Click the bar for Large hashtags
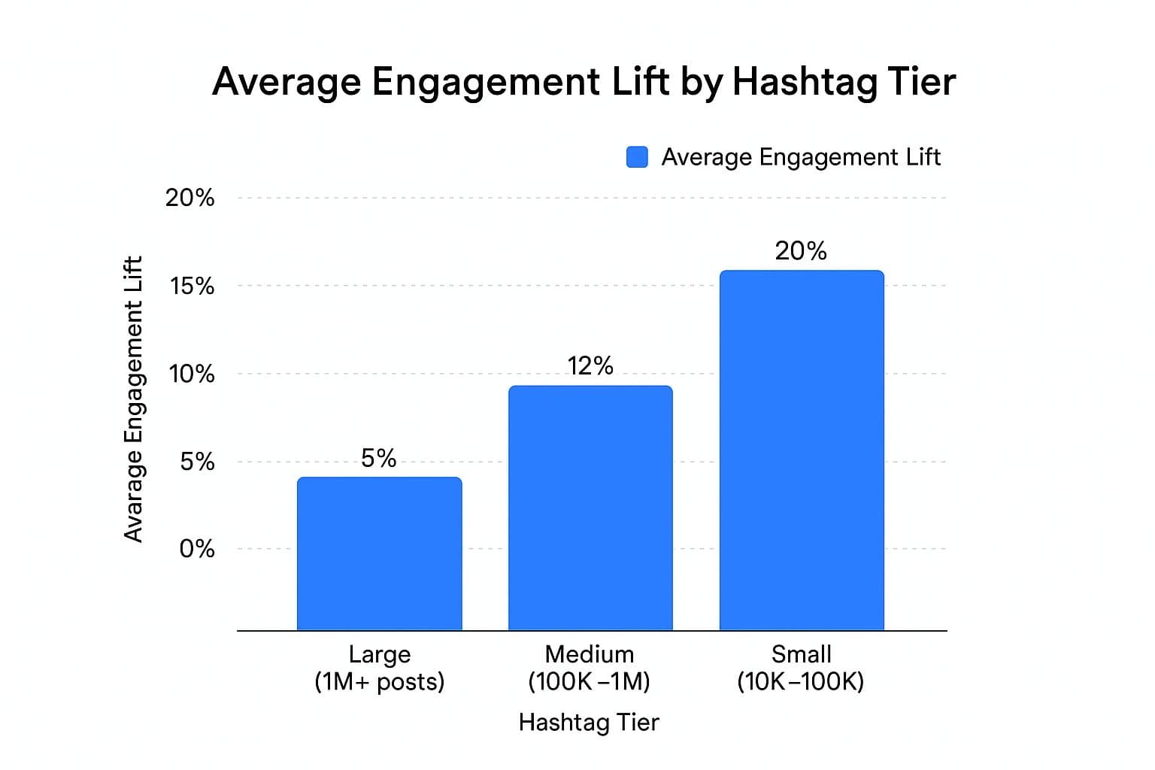(x=379, y=553)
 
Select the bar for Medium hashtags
(x=590, y=508)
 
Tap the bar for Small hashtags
(x=802, y=450)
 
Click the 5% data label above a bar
(x=378, y=458)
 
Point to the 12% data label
(x=590, y=366)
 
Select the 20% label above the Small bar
(x=801, y=251)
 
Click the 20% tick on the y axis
(x=189, y=198)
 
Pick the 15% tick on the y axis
(x=192, y=286)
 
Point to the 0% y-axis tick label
(x=196, y=549)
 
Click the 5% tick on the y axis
(x=197, y=462)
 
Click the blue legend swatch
(x=637, y=157)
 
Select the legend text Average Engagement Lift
(x=801, y=157)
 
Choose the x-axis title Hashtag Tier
(x=589, y=723)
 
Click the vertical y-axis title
(x=133, y=399)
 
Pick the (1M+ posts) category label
(x=380, y=682)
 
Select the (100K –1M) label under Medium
(x=589, y=682)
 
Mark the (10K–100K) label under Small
(x=801, y=682)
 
